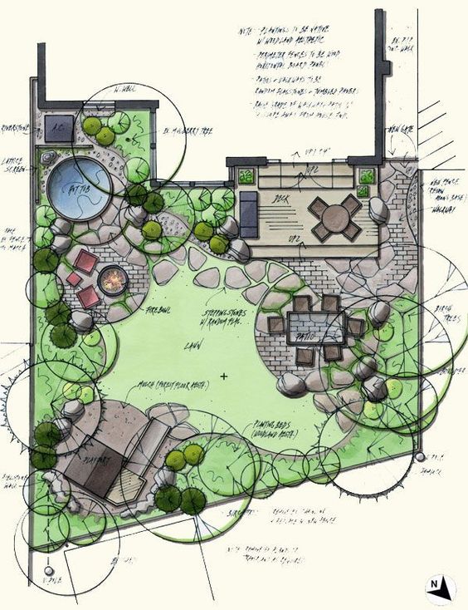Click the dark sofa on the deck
[249, 211]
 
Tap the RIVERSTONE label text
[17, 129]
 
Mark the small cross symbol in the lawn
[224, 376]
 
